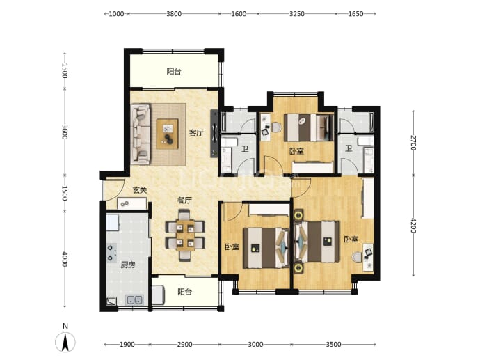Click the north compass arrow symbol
click(65, 342)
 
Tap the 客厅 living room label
click(196, 133)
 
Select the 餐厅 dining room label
click(184, 201)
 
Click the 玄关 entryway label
click(140, 190)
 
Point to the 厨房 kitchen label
click(127, 265)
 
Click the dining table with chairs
click(185, 235)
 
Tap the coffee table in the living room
click(167, 134)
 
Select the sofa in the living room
click(141, 134)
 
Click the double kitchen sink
click(134, 300)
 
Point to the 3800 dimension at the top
click(174, 14)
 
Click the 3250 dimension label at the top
click(297, 14)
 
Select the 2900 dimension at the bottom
click(184, 345)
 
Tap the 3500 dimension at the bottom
click(333, 345)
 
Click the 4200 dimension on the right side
click(413, 225)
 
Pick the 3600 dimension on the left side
click(65, 132)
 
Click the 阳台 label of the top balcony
click(174, 72)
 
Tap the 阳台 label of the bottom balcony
click(185, 292)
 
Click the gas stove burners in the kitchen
click(111, 253)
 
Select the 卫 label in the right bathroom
click(349, 148)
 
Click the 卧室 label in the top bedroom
click(296, 151)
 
